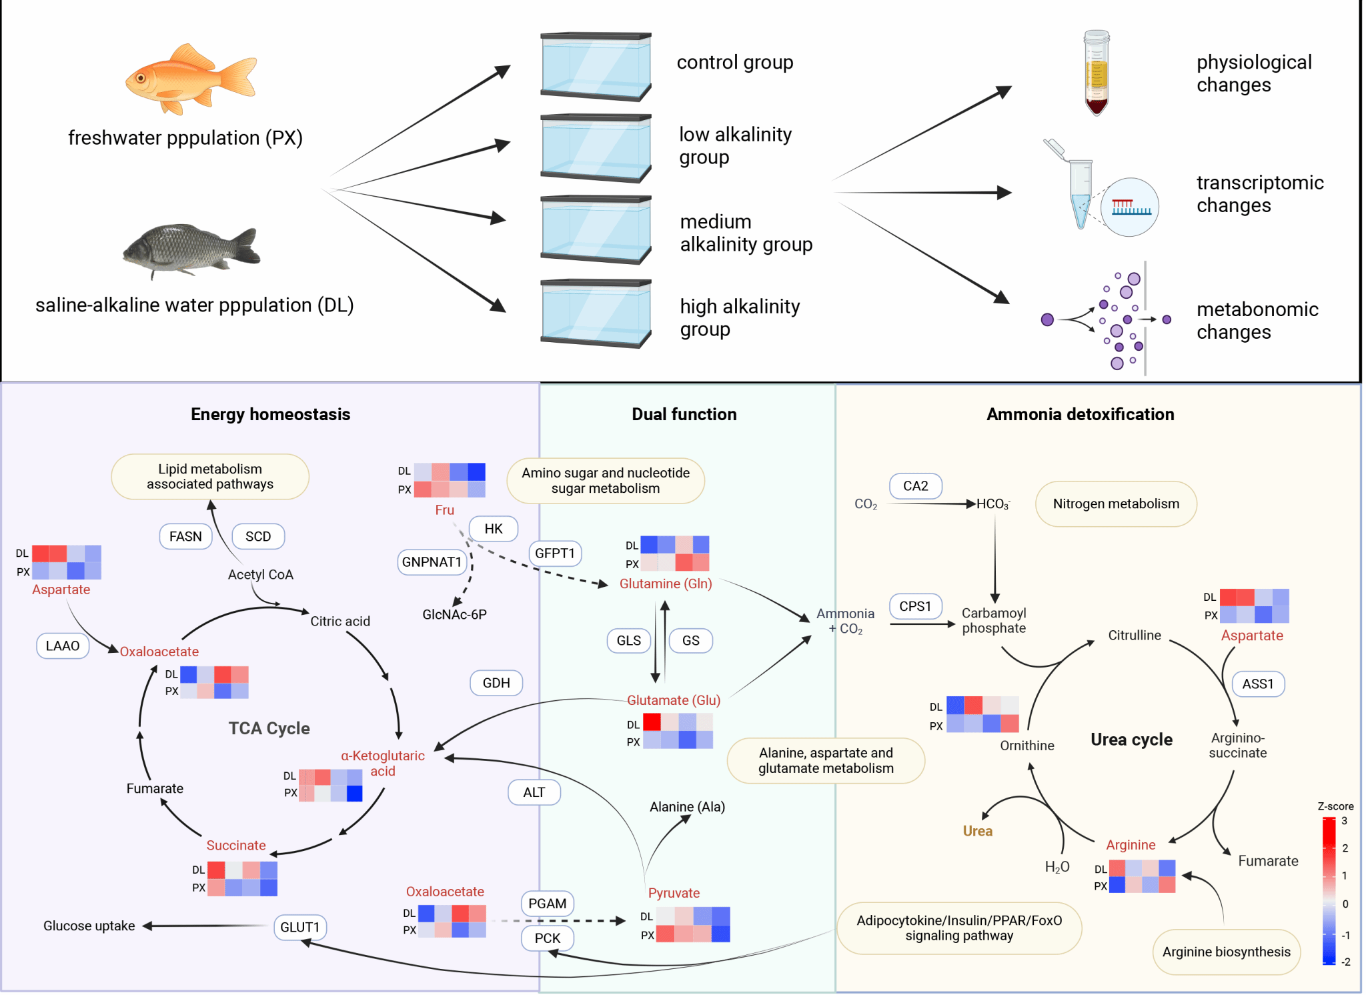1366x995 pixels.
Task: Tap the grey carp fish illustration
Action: (x=190, y=250)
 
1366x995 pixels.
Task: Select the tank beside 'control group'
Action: (x=596, y=67)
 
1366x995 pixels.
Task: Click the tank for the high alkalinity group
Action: (x=596, y=313)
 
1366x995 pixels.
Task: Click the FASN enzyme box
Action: (x=185, y=536)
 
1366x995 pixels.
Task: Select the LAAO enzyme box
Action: (x=63, y=646)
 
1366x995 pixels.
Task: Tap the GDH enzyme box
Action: (x=496, y=683)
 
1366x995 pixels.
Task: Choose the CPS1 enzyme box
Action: (x=915, y=606)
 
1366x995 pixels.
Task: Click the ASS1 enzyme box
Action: (x=1258, y=684)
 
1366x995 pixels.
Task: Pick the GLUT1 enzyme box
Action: (x=299, y=927)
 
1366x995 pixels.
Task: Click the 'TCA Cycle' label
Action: (x=269, y=728)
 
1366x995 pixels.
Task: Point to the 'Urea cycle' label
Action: (x=1131, y=740)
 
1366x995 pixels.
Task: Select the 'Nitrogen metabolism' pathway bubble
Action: (x=1116, y=504)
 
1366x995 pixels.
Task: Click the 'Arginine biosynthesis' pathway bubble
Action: (x=1226, y=952)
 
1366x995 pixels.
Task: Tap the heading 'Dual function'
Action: (x=684, y=414)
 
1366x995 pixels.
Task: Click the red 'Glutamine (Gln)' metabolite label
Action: (x=666, y=584)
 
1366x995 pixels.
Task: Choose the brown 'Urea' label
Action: (x=977, y=831)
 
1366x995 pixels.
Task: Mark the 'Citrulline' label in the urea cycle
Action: (x=1134, y=635)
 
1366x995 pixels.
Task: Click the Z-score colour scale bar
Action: (x=1329, y=891)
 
